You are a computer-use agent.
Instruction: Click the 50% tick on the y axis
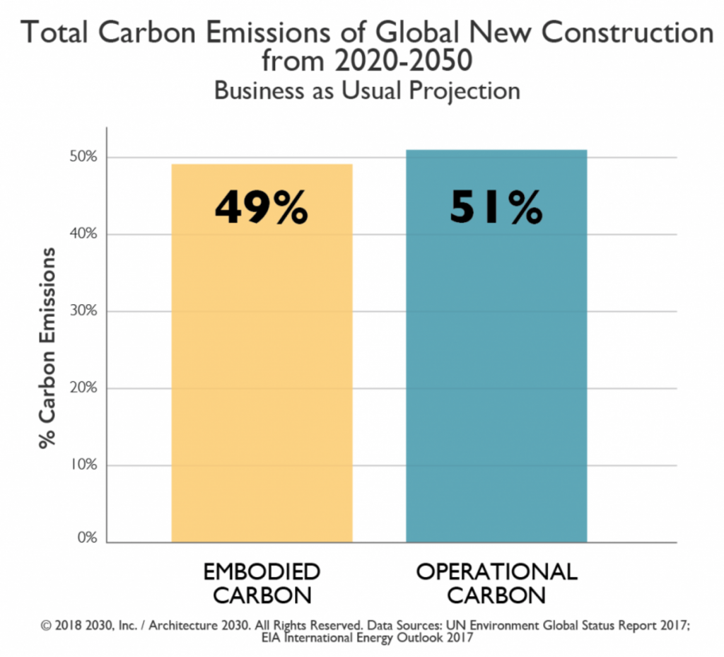[82, 157]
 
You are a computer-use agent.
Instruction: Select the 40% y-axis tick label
[82, 234]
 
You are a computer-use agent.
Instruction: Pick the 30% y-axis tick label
[82, 311]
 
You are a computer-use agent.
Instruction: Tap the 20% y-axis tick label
[82, 388]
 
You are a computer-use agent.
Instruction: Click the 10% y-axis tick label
[82, 465]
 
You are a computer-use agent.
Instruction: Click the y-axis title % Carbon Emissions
[47, 347]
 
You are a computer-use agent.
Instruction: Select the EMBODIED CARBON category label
[262, 583]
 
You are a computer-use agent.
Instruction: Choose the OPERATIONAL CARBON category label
[496, 583]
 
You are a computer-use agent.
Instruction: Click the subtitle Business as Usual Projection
[367, 91]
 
